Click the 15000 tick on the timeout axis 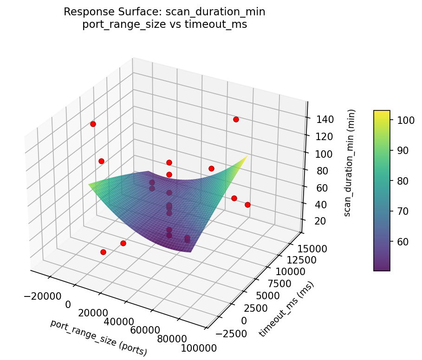(x=312, y=248)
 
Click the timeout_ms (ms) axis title (x=286, y=309)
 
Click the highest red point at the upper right (x=236, y=119)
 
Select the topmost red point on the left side (x=93, y=124)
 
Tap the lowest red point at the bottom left (x=103, y=252)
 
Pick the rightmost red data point (x=247, y=205)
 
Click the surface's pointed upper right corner (x=247, y=156)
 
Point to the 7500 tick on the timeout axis (x=283, y=283)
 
